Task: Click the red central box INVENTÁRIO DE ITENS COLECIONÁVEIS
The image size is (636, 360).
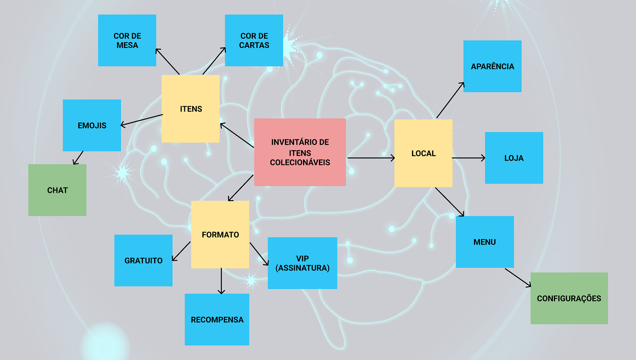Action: point(300,153)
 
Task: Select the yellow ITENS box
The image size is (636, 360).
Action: point(190,108)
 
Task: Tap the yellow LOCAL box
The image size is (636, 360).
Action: point(423,153)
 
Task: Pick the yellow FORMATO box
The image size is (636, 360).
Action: point(220,235)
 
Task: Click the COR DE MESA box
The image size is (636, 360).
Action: point(127,40)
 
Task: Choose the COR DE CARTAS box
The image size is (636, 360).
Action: point(254,40)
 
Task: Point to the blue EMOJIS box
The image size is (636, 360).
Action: point(92,125)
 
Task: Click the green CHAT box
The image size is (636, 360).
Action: point(57,190)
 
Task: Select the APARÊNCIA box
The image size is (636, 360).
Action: point(492,66)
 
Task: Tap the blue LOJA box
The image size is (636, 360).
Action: point(514,158)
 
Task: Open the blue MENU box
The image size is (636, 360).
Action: point(485,242)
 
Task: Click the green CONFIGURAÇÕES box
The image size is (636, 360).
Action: point(569,298)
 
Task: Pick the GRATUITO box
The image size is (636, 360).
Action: point(144,261)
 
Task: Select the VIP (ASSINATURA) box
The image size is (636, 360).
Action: point(303,263)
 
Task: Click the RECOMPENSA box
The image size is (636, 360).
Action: point(217,320)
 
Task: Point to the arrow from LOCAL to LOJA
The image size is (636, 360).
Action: point(468,158)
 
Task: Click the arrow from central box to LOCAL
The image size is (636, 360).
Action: point(371,158)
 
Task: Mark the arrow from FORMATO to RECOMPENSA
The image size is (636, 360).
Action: point(221,281)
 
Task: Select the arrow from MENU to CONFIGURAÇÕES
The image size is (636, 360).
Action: point(518,278)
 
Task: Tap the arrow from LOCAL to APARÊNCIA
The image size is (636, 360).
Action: point(450,100)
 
